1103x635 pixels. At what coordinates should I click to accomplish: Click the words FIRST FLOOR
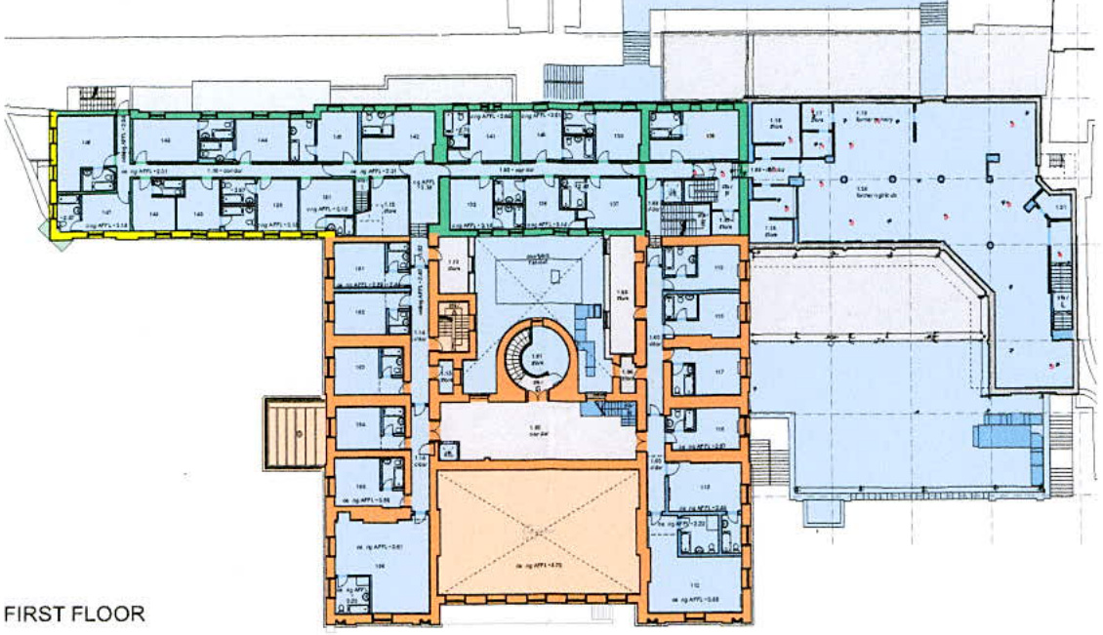(x=75, y=614)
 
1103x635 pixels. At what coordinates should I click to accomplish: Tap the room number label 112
(x=694, y=585)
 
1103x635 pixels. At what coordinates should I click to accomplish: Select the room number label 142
(x=414, y=137)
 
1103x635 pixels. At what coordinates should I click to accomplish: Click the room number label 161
(x=359, y=268)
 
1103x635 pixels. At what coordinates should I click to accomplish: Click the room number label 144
(x=263, y=140)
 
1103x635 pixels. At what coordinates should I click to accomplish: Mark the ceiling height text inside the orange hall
(x=536, y=563)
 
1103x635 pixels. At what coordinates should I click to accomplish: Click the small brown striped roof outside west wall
(x=293, y=432)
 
